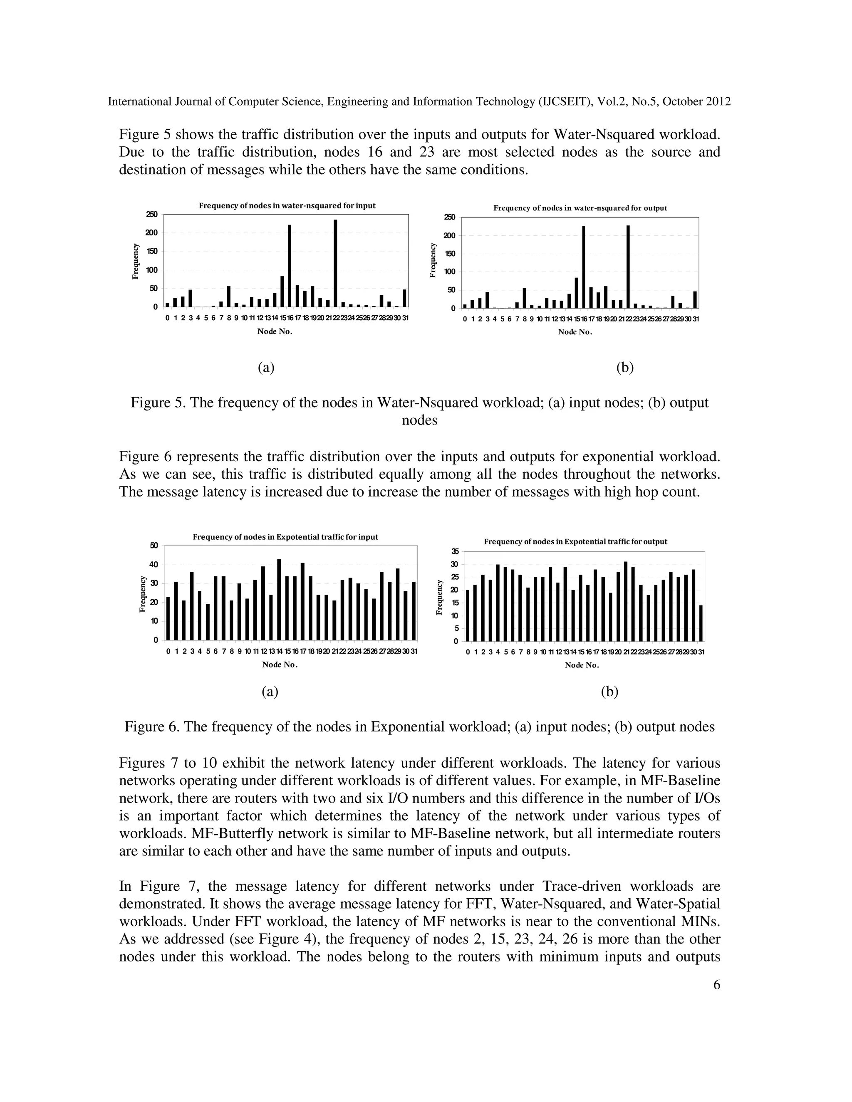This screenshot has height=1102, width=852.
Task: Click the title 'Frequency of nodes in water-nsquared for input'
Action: point(287,206)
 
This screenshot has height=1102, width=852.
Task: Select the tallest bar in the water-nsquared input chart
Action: point(336,263)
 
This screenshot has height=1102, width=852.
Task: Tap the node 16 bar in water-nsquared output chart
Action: point(584,267)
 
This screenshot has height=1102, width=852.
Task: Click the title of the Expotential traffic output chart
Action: point(575,542)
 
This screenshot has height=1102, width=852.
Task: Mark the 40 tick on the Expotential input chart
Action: point(153,565)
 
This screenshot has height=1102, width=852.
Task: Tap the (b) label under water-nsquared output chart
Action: point(625,367)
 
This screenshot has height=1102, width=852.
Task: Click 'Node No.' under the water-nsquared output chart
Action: point(575,332)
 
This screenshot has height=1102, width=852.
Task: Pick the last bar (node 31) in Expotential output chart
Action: point(701,623)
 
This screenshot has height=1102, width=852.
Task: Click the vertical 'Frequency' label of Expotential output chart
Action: point(439,598)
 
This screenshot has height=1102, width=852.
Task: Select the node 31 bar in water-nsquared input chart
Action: point(404,298)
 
